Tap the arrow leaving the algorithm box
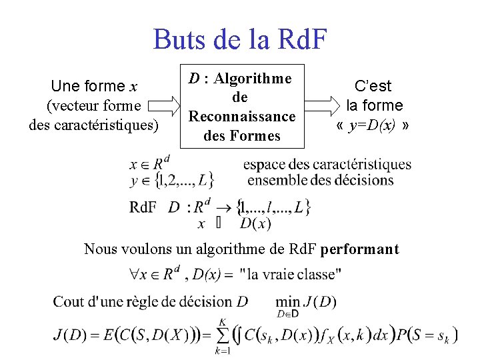pos(323,105)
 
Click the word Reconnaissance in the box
pos(241,116)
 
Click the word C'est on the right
pos(373,86)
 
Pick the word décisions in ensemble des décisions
pos(365,180)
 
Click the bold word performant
pos(359,249)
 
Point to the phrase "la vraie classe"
pos(291,273)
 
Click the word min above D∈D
pos(287,302)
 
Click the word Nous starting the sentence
pos(99,249)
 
